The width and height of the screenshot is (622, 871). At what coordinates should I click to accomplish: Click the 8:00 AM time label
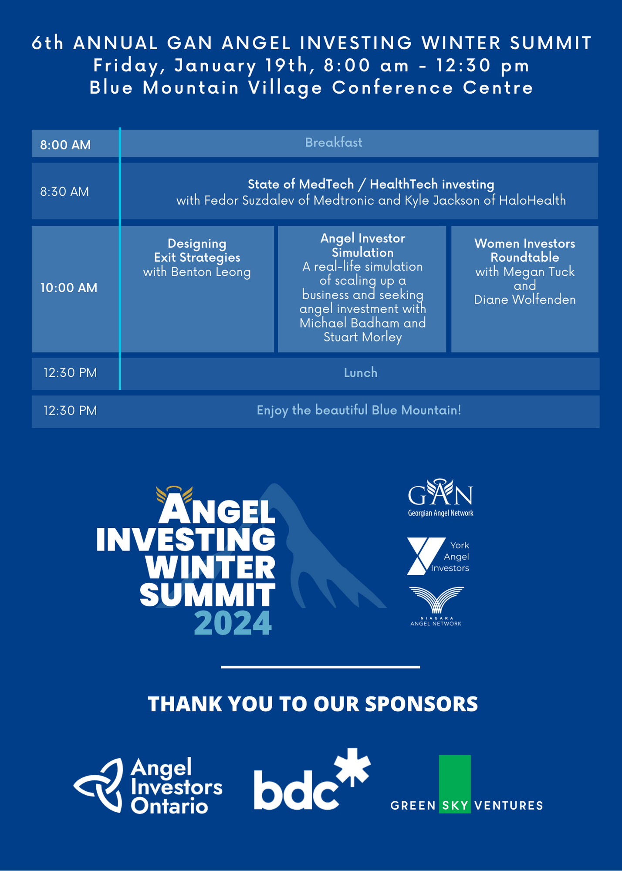[65, 145]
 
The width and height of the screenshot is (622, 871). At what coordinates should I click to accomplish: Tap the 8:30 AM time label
[64, 192]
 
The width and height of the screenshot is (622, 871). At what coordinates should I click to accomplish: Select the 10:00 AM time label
[68, 288]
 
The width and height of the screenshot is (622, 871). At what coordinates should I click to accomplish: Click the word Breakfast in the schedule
[334, 142]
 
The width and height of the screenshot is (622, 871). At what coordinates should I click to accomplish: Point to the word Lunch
[361, 373]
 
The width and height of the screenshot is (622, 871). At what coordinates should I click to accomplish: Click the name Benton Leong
[211, 272]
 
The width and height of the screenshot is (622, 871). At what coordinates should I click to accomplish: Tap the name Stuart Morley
[363, 337]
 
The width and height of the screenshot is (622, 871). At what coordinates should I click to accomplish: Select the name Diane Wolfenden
[525, 300]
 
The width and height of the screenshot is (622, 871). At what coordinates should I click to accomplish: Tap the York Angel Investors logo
[438, 556]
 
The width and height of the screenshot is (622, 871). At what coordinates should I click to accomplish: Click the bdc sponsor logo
[312, 780]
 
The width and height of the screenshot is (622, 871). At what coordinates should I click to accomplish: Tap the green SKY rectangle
[455, 784]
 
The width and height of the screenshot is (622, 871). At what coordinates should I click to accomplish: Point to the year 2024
[233, 623]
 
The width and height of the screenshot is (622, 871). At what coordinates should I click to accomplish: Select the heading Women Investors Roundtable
[525, 250]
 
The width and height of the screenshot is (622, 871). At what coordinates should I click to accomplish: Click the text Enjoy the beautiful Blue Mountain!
[359, 410]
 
